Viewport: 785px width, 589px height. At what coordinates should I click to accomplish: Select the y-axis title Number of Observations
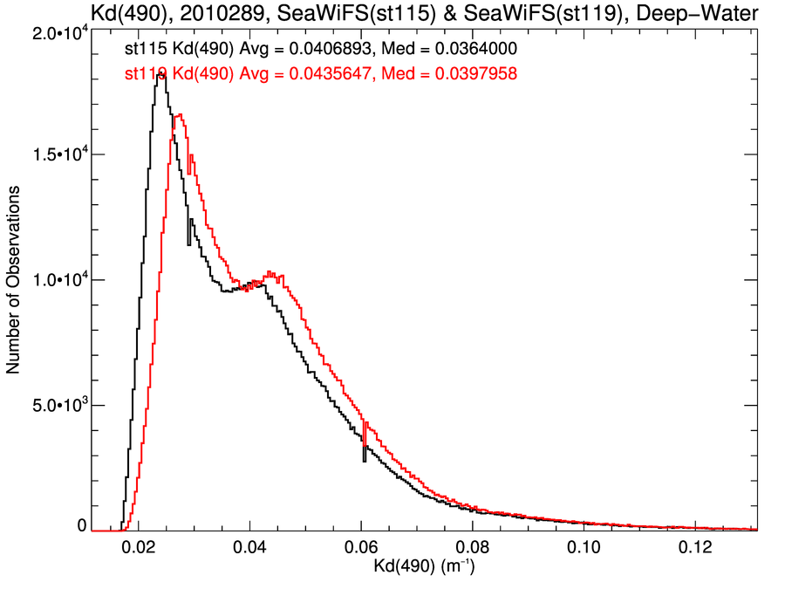(x=14, y=281)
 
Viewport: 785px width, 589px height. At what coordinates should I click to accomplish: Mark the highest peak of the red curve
(x=179, y=114)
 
